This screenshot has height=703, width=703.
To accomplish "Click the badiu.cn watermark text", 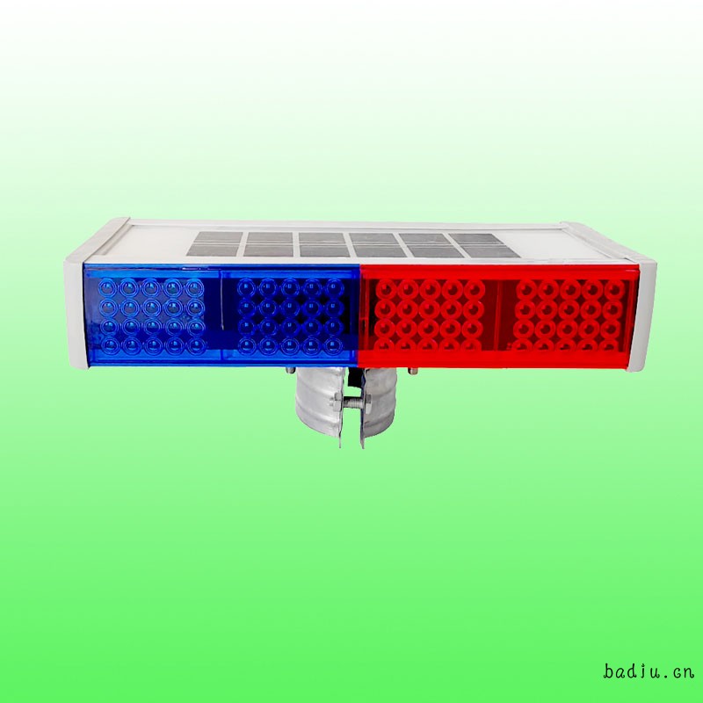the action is point(648,671).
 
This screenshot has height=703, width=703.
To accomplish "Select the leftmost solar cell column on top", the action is point(214,244).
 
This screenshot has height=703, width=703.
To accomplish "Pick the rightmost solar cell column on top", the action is point(483,246).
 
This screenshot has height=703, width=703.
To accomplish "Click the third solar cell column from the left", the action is point(324,245).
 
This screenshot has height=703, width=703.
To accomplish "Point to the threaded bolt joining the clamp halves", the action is point(352,402).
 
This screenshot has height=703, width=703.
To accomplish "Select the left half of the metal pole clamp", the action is point(320,404).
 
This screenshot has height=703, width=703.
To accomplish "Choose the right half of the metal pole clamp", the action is point(378,404).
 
